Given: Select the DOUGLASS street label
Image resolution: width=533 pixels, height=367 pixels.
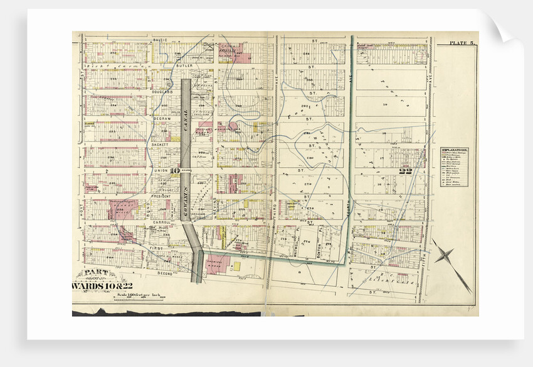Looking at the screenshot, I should (x=162, y=91).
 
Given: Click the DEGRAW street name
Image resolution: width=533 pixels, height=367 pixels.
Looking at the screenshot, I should (x=161, y=118).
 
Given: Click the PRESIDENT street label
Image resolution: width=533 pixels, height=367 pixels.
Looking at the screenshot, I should (x=161, y=196).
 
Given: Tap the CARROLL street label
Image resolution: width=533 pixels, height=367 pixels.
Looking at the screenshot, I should (x=161, y=222).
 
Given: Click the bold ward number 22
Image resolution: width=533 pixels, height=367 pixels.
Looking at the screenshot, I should (x=405, y=170).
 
